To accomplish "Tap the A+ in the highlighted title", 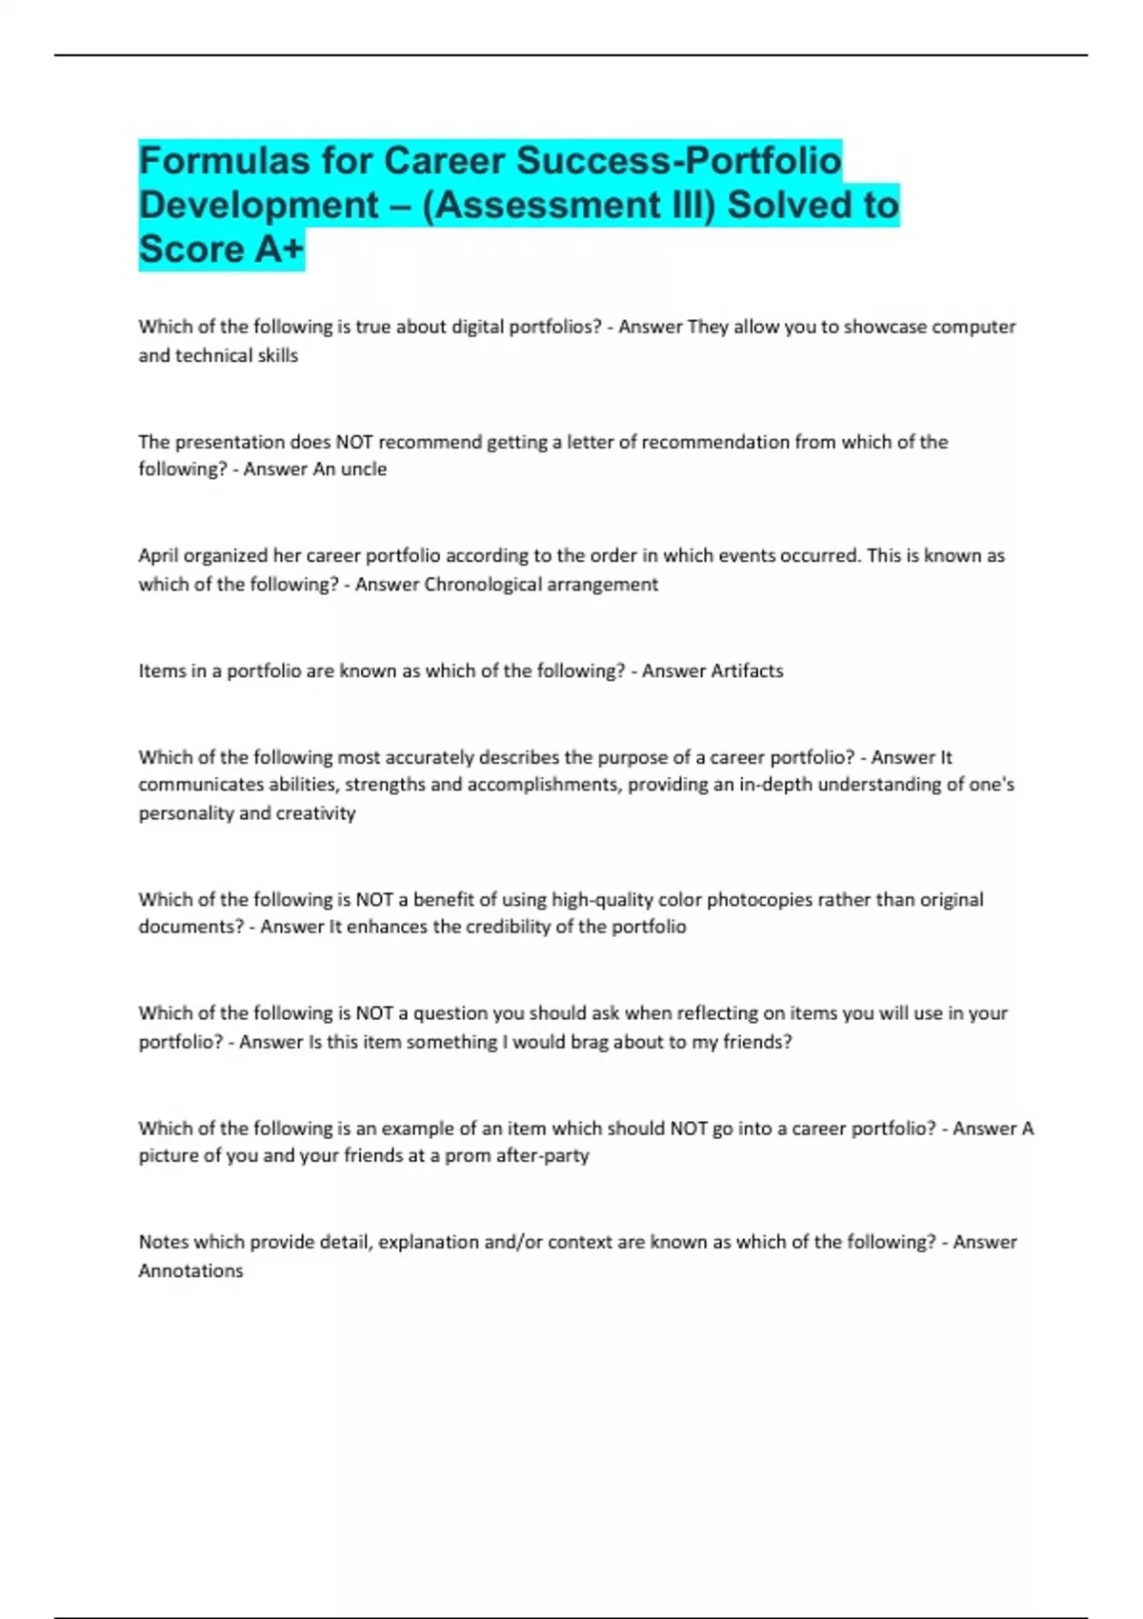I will (x=279, y=250).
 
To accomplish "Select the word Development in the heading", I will (x=259, y=206).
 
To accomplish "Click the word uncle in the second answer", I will (x=364, y=470).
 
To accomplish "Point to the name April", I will (x=158, y=556).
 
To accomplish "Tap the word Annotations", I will (x=190, y=1270).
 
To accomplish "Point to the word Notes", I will (x=163, y=1242).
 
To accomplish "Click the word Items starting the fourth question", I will (x=161, y=670).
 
